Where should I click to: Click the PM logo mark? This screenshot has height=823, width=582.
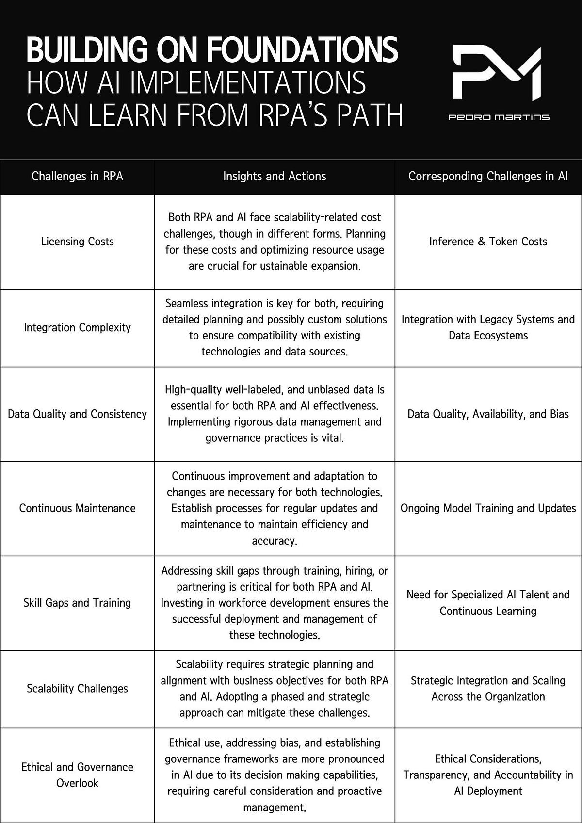click(497, 73)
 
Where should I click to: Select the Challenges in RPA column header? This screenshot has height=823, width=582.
click(77, 176)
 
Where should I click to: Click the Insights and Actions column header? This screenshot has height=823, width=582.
click(275, 176)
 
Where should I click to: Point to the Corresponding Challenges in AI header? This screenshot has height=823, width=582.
click(488, 176)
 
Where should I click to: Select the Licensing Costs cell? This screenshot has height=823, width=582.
click(77, 242)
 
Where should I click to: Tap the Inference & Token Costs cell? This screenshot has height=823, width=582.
click(488, 242)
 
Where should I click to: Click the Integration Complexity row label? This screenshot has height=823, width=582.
click(77, 328)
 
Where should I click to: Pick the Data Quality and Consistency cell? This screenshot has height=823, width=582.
click(77, 414)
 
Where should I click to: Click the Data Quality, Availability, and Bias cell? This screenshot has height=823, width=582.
click(488, 414)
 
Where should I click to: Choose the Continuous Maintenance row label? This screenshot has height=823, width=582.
click(77, 508)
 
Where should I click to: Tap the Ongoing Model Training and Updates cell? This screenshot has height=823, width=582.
click(488, 508)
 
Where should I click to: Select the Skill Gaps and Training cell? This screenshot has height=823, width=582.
click(77, 603)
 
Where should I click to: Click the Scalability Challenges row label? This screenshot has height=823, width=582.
click(77, 689)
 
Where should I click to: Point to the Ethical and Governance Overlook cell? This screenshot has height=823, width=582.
click(77, 775)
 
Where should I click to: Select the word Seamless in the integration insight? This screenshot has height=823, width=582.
click(186, 304)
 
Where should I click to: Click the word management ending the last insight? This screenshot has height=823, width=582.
click(274, 807)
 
